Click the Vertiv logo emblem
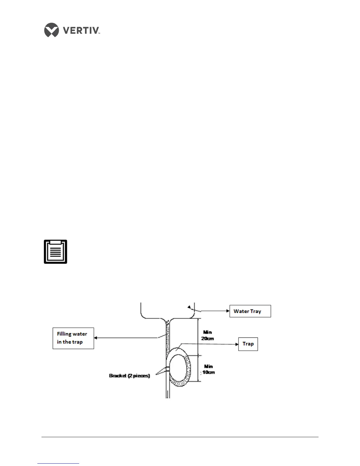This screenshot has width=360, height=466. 51,30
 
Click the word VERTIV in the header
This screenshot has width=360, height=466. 81,30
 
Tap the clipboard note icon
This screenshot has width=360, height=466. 56,252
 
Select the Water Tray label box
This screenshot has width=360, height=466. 250,311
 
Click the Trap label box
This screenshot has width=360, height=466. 248,344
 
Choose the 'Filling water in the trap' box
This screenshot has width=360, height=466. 73,338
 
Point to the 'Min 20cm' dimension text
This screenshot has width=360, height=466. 207,335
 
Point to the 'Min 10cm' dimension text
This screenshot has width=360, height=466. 208,369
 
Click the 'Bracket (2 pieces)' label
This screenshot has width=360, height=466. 129,376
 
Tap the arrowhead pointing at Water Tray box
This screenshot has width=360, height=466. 228,311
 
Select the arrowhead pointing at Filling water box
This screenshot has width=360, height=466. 96,338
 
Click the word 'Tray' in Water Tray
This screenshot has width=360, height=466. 256,311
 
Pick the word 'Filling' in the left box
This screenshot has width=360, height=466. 64,334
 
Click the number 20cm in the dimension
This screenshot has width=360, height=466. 207,338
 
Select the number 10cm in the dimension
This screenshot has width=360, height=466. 209,372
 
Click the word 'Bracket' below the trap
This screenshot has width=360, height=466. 118,376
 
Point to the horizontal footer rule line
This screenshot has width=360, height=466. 180,437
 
